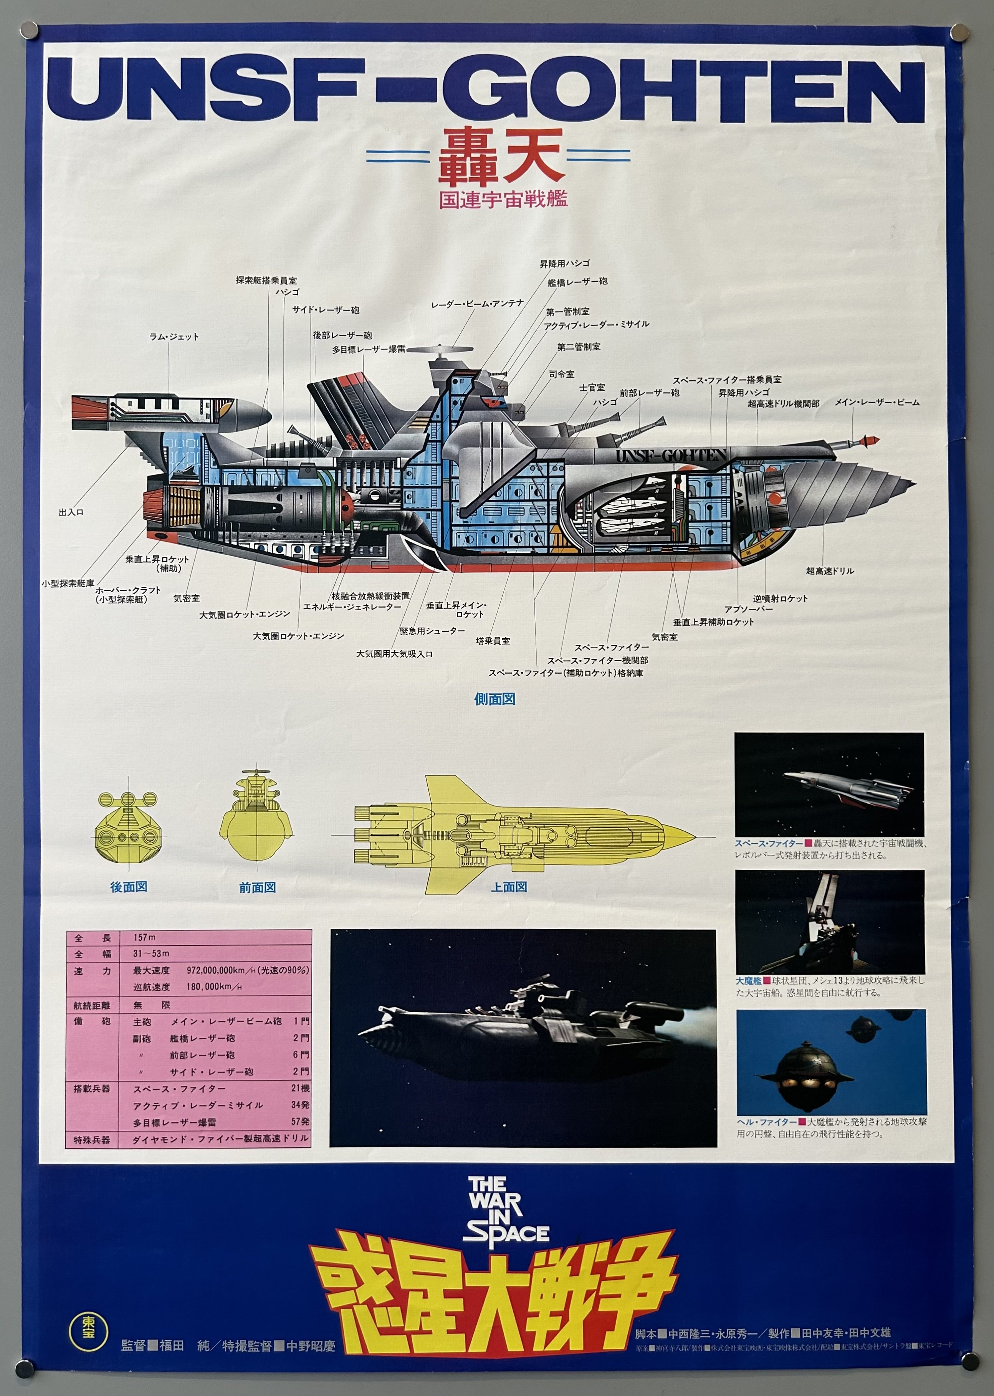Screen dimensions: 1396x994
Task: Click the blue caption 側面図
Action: coord(495,699)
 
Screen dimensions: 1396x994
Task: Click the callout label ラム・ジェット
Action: coord(174,337)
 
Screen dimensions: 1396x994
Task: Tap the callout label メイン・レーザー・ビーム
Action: coord(877,403)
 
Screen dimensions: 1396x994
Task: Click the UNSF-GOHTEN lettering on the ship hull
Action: coord(671,455)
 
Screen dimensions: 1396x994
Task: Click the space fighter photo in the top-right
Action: coord(829,784)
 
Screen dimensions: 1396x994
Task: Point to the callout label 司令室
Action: coord(561,374)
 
